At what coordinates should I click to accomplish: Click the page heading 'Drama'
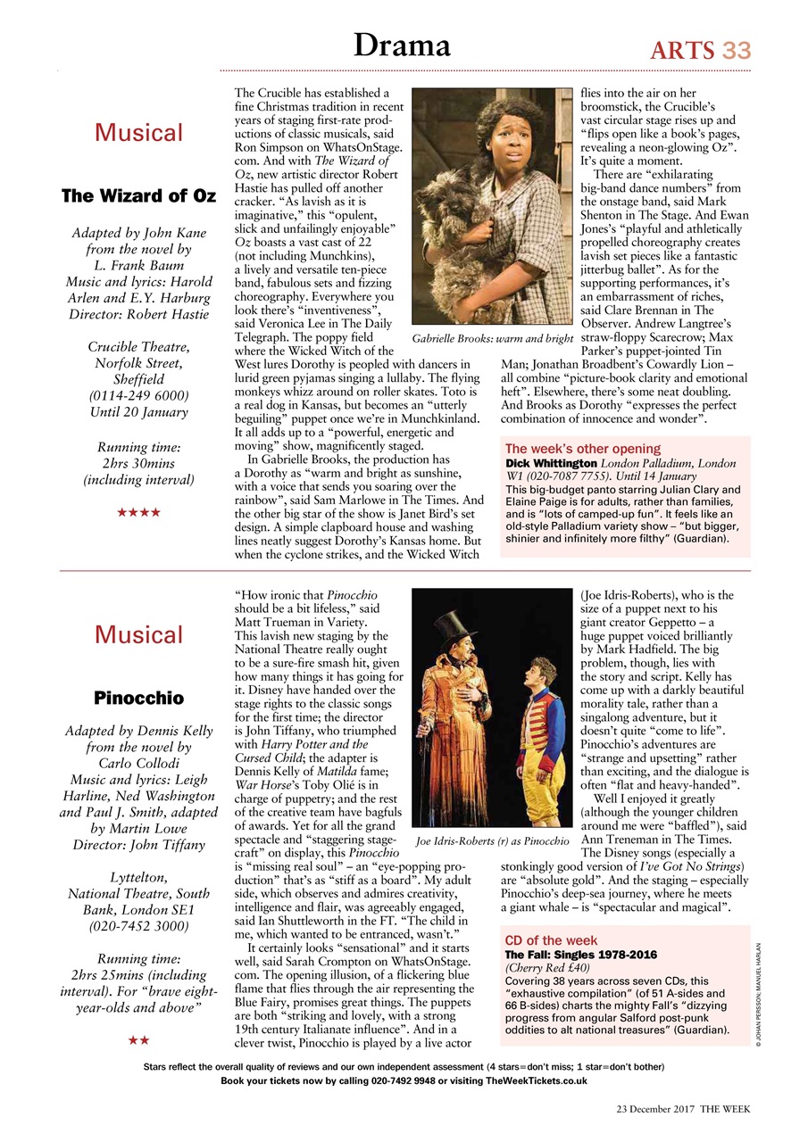coord(402,45)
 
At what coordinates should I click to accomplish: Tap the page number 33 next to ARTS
coord(737,50)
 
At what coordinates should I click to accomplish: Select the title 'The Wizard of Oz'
coord(138,195)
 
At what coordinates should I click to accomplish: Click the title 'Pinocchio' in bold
coord(138,697)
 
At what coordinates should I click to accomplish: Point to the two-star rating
coord(138,1039)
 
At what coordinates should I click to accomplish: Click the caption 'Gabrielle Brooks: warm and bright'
coord(492,339)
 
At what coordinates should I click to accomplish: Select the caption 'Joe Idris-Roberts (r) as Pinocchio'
coord(493,840)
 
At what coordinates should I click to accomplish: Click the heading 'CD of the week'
coord(551,940)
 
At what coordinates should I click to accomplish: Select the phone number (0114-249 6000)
coord(138,395)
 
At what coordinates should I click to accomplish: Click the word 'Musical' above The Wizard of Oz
coord(138,133)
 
